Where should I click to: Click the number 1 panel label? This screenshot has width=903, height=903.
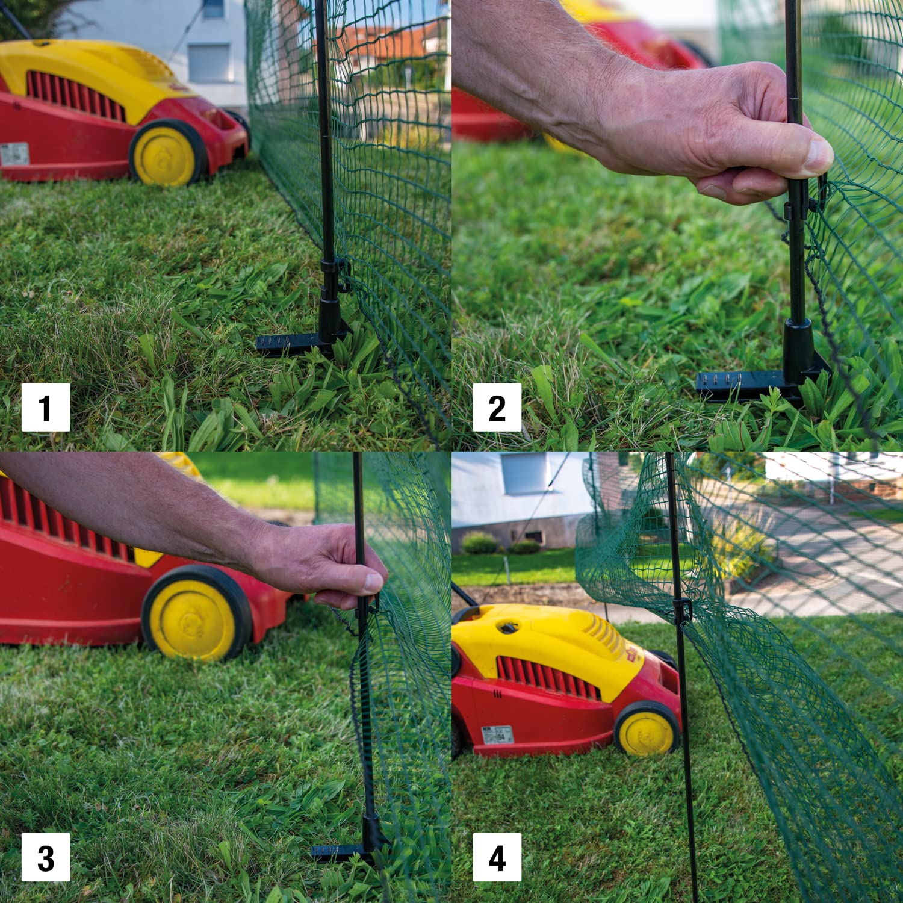[x=46, y=408]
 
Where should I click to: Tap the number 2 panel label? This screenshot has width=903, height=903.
[x=497, y=408]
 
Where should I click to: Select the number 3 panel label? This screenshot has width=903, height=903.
[x=46, y=857]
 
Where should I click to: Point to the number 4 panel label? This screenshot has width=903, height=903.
[x=497, y=857]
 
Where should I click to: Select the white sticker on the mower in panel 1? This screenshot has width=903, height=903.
[x=14, y=154]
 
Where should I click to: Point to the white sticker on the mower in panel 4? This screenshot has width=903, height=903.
[x=498, y=734]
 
